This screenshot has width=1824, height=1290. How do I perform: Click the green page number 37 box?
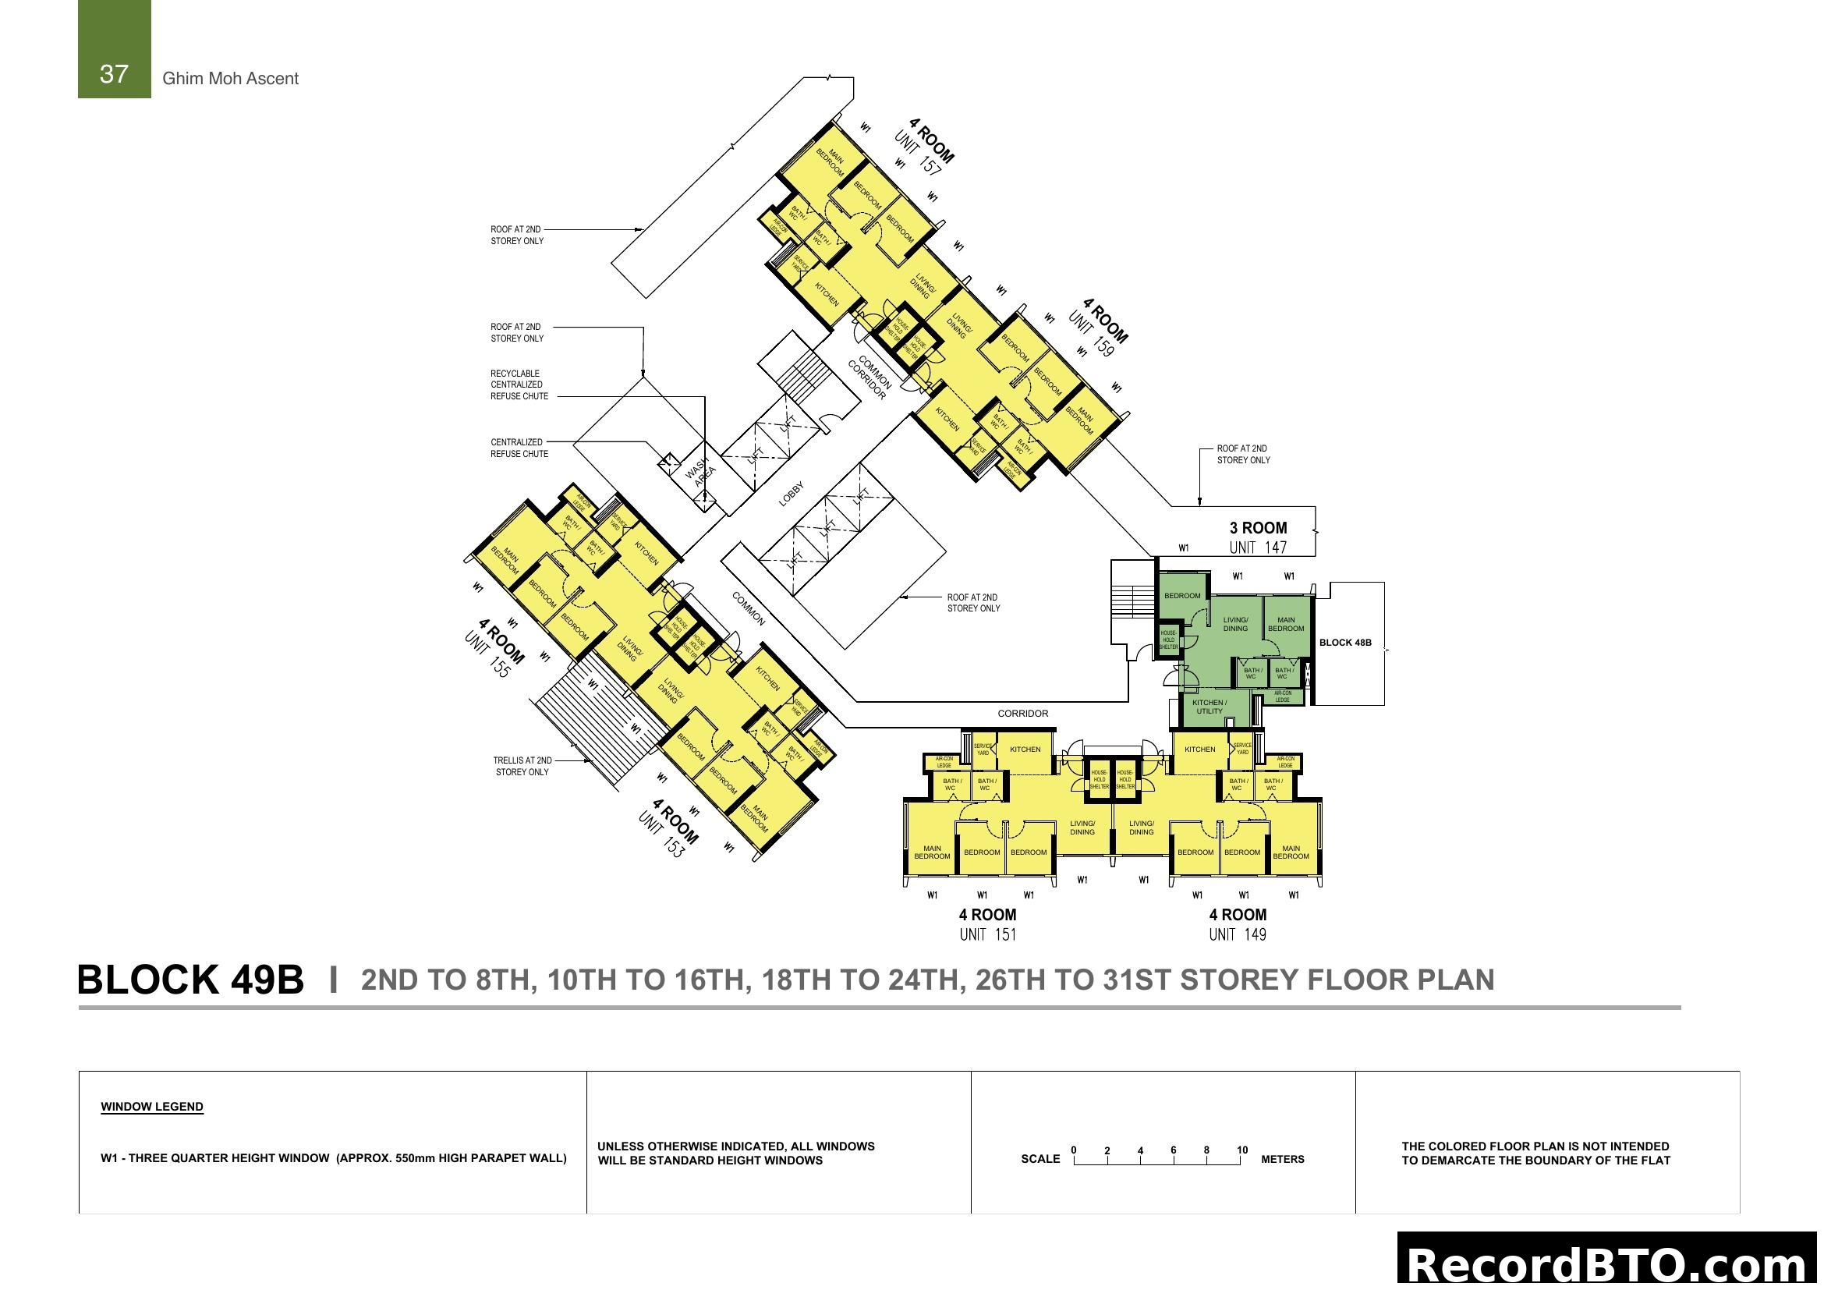click(x=114, y=49)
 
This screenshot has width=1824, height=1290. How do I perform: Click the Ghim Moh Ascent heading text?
click(x=230, y=79)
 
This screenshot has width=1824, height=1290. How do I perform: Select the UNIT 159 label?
click(x=1092, y=334)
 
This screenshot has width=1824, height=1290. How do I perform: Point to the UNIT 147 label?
click(x=1258, y=548)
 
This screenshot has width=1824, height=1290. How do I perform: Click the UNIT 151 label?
click(x=987, y=934)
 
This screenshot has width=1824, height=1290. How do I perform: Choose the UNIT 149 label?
click(x=1238, y=934)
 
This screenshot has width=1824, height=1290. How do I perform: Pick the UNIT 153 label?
click(x=661, y=835)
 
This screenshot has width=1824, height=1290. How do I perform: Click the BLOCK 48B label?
click(x=1345, y=643)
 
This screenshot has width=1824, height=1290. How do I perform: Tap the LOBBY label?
click(x=792, y=494)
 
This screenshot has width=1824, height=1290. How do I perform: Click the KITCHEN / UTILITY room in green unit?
click(x=1210, y=706)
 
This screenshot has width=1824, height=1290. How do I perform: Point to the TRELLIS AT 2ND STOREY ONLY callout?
click(x=522, y=766)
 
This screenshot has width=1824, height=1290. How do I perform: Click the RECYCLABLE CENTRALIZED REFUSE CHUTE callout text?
click(x=519, y=385)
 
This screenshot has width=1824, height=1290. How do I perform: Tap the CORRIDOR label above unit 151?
click(x=1022, y=714)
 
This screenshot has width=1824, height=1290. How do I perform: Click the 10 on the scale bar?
click(x=1241, y=1150)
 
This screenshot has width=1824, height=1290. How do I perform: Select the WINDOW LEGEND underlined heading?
click(x=152, y=1107)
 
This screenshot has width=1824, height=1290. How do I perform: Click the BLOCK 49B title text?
click(x=190, y=980)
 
